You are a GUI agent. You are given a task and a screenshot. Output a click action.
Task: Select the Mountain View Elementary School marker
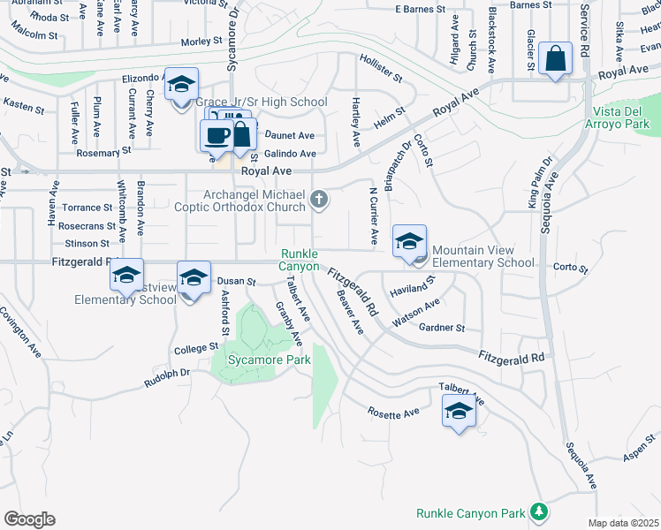(x=409, y=243)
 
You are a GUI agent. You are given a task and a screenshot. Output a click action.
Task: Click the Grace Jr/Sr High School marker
(x=181, y=85)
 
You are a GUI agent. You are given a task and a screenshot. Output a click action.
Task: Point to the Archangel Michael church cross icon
(x=320, y=201)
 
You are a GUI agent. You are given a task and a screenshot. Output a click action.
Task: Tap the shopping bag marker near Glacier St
(x=555, y=59)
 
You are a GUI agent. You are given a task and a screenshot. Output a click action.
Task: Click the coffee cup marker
(x=217, y=136)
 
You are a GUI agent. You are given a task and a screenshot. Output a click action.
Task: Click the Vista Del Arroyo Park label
(x=622, y=117)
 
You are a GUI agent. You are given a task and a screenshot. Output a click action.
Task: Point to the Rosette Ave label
(x=393, y=412)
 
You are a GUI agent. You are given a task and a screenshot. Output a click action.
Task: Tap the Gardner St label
(x=442, y=328)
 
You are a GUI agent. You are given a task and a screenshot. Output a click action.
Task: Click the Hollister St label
(x=381, y=65)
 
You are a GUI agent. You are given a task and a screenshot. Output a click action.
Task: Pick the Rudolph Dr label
(x=167, y=379)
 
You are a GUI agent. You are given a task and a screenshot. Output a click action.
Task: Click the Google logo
(x=29, y=519)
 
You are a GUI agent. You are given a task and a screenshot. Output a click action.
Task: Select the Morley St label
(x=201, y=42)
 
